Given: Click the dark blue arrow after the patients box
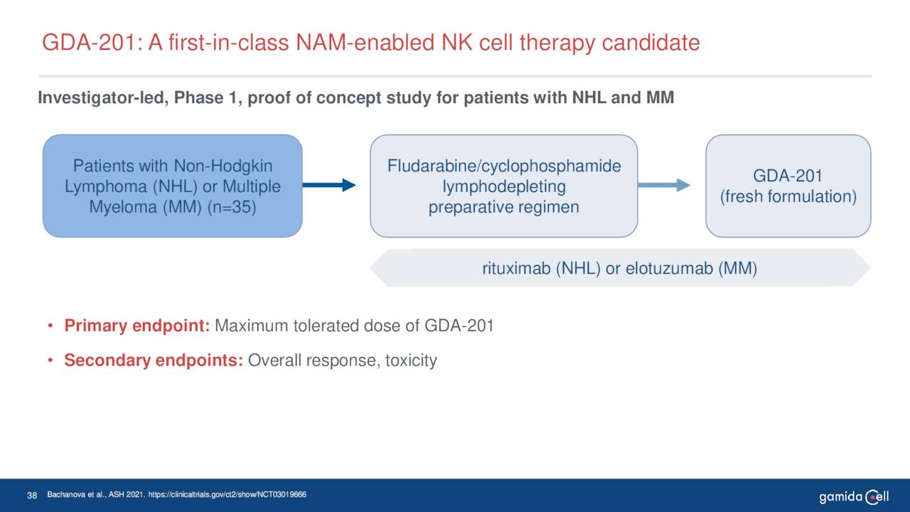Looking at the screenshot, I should coord(328,186).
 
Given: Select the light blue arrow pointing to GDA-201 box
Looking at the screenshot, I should coord(663,186).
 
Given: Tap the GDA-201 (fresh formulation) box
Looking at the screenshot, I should coord(788,186).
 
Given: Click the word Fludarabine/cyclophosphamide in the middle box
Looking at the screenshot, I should coord(503,166).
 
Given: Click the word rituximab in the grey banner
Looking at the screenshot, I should coord(517,269).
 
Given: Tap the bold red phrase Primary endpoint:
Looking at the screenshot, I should coord(136,326).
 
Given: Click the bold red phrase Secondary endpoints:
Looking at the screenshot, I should coord(154,361).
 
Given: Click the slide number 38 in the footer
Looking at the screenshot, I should coord(31,495).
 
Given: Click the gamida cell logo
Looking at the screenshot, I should coord(853,496).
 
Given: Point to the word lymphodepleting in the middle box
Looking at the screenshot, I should coord(503,187).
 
